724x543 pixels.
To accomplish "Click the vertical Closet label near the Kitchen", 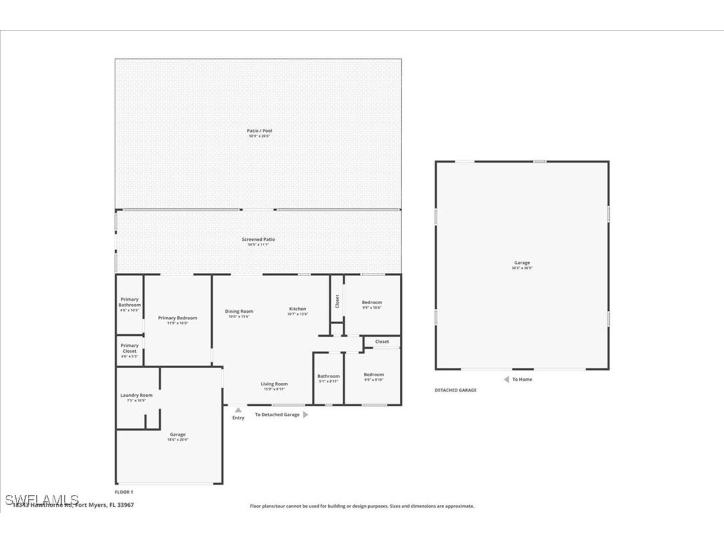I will (x=337, y=302).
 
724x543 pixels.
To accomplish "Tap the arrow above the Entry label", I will (x=238, y=410).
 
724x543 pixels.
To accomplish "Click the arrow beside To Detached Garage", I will (x=306, y=414).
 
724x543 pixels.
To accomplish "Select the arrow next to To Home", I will (x=506, y=379).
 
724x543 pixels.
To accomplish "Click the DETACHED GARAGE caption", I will (x=455, y=390).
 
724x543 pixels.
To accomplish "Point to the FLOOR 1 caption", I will (x=124, y=492).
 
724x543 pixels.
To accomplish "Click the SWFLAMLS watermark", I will (x=41, y=500).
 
